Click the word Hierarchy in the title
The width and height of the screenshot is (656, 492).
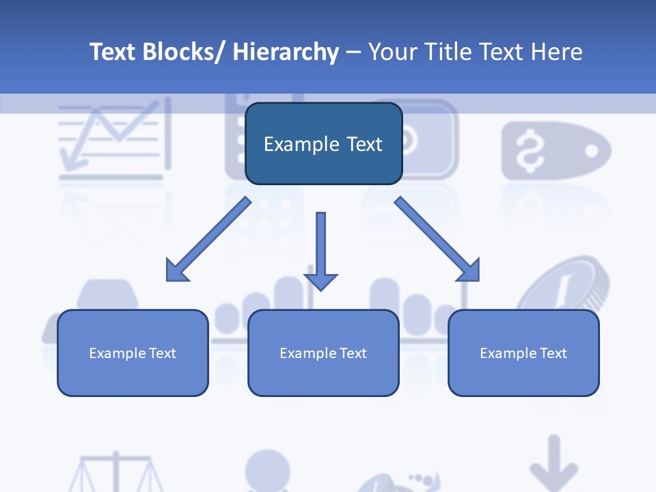tap(286, 52)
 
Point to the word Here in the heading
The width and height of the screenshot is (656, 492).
tap(556, 51)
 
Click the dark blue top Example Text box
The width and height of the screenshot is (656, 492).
tap(324, 143)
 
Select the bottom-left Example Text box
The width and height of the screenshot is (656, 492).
tap(133, 353)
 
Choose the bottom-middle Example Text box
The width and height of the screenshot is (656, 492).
tap(323, 353)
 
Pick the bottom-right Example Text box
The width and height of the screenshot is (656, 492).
tap(523, 353)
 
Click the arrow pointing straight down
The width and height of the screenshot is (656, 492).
tap(321, 251)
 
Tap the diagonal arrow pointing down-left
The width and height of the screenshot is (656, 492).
tap(209, 239)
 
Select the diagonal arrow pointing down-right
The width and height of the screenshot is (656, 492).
tap(437, 239)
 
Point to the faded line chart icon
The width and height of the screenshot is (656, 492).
tap(115, 138)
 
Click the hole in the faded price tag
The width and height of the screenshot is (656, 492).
tap(591, 150)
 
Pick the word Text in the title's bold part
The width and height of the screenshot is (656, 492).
tap(113, 52)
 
